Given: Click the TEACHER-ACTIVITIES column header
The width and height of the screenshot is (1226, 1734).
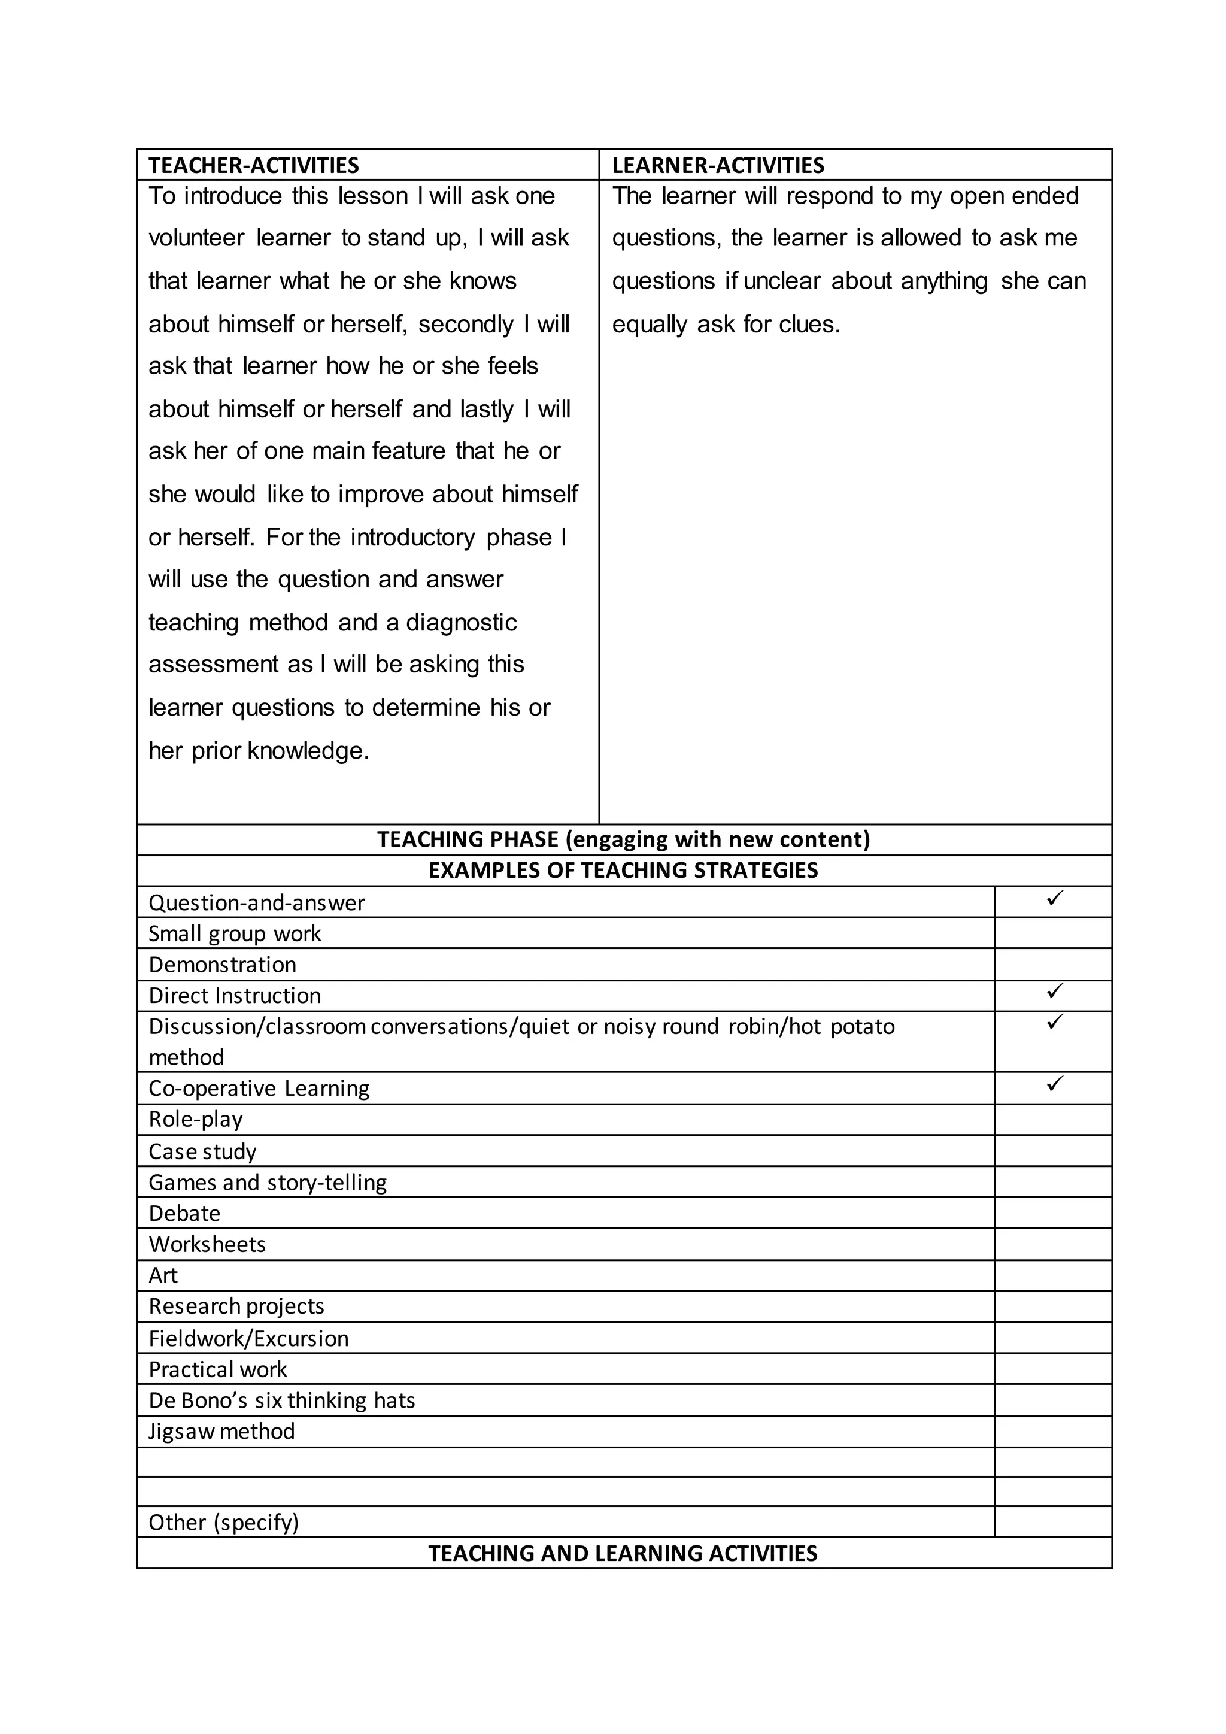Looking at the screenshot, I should [254, 165].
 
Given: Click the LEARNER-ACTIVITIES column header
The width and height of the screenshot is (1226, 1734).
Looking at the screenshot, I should [717, 165].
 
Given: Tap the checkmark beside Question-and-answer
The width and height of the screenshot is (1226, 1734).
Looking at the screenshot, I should [1055, 898].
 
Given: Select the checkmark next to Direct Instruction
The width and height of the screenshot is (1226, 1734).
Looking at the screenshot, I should [1055, 990].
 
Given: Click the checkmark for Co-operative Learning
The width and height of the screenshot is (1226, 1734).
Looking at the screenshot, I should [1055, 1083].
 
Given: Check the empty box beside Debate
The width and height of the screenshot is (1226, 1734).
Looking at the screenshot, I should [1052, 1213].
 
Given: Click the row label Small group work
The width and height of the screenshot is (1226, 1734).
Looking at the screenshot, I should [235, 933].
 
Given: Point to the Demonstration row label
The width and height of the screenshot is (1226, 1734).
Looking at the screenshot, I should [222, 965].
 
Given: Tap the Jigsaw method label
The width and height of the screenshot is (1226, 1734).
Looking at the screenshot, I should [221, 1431].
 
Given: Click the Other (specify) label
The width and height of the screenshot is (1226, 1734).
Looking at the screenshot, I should [223, 1522].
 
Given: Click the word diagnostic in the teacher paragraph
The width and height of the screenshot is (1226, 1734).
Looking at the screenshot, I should [462, 622].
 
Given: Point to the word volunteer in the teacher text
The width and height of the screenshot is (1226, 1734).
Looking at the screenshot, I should [196, 238].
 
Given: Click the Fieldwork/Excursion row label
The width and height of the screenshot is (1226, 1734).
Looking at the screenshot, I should [248, 1338].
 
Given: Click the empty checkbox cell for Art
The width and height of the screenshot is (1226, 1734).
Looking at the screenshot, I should [1052, 1275].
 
